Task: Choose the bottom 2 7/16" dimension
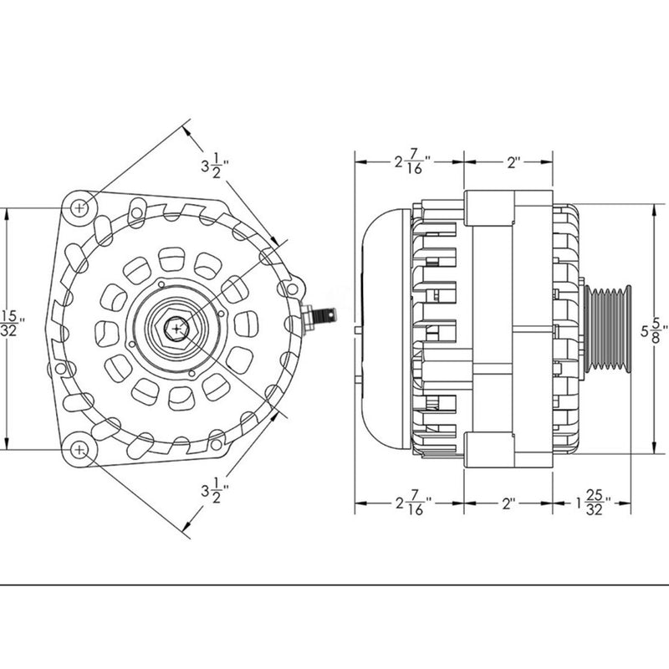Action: tap(411, 505)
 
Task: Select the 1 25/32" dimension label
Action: tap(593, 505)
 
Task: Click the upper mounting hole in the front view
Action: tap(79, 206)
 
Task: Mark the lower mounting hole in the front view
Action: tap(79, 449)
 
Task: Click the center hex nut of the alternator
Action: tap(177, 328)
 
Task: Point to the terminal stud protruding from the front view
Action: tap(323, 317)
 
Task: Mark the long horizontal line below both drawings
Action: tap(334, 584)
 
